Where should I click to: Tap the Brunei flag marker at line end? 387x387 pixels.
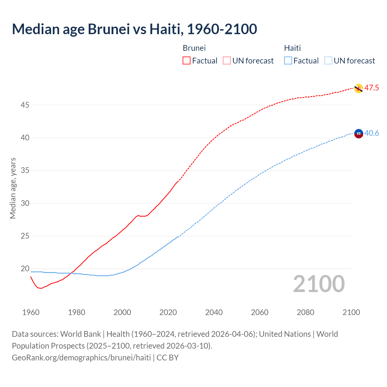pos(358,88)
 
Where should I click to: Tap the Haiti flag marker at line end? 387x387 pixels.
pos(358,133)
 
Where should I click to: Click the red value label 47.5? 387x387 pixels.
pos(372,88)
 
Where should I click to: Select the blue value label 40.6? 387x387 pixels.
pos(372,133)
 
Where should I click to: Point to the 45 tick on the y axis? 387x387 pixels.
pos(25,105)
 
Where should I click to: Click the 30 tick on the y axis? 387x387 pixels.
pos(25,203)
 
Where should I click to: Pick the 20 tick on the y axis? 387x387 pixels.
pos(25,268)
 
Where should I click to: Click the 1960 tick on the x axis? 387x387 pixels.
pos(31,312)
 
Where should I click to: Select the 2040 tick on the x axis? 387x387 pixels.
pos(214,312)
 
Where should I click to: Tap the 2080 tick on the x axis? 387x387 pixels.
pos(305,312)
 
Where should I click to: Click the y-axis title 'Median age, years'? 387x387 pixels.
pos(13,188)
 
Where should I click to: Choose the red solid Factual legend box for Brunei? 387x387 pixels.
pos(187,61)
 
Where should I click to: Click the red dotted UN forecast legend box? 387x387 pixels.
pos(227,61)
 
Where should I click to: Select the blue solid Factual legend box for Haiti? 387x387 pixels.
pos(288,61)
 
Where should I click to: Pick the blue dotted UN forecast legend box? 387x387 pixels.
pos(328,61)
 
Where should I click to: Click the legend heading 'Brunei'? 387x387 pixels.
pos(194,48)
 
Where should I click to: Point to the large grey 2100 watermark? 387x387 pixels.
pos(319,284)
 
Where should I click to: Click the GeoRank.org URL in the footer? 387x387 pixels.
pos(81,358)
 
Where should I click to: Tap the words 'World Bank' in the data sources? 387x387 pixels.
pos(80,334)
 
